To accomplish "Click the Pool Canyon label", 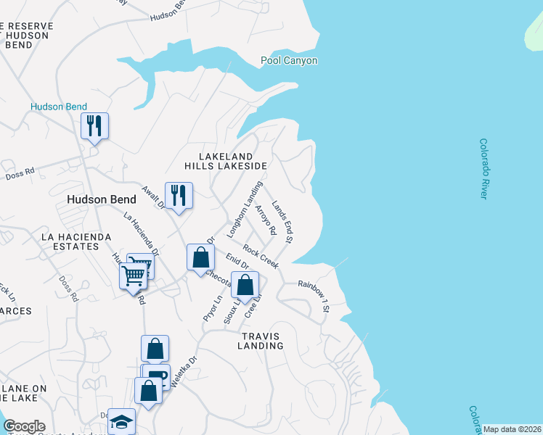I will point(289,61).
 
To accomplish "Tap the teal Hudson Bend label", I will point(59,107).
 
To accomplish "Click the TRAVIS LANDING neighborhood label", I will point(260,341).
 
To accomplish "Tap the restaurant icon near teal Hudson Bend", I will point(94,126).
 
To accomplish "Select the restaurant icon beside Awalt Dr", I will point(179,195).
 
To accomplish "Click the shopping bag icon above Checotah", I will point(200,257).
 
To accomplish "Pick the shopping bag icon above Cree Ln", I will point(245,285).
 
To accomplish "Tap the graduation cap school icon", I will point(122,422).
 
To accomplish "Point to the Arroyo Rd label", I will point(266,220).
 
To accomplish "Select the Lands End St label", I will point(282,221).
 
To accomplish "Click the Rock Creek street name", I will point(261,257).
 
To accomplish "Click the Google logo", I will point(24,426).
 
